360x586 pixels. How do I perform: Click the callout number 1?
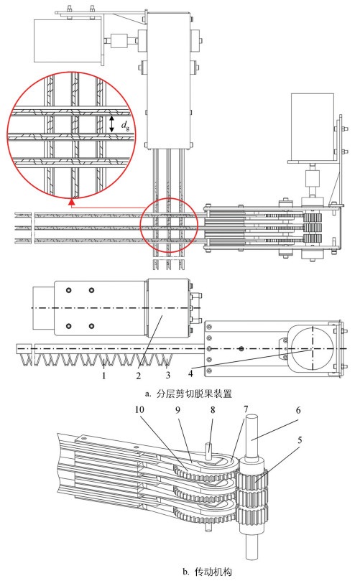pyautogui.click(x=104, y=375)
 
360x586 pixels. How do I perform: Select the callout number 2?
pyautogui.click(x=138, y=375)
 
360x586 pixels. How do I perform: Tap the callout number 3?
pyautogui.click(x=168, y=375)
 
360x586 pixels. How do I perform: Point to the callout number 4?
pyautogui.click(x=190, y=373)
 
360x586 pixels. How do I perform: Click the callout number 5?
pyautogui.click(x=300, y=440)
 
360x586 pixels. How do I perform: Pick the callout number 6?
pyautogui.click(x=298, y=410)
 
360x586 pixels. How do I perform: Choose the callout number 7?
pyautogui.click(x=246, y=409)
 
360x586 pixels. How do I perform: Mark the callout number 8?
pyautogui.click(x=213, y=409)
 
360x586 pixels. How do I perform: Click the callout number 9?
pyautogui.click(x=177, y=409)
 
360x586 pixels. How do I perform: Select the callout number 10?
pyautogui.click(x=139, y=409)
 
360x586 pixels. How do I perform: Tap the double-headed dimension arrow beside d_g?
pyautogui.click(x=111, y=124)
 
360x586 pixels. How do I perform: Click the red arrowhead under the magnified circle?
pyautogui.click(x=72, y=203)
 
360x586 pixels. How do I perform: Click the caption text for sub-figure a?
pyautogui.click(x=189, y=394)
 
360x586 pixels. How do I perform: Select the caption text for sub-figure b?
pyautogui.click(x=208, y=572)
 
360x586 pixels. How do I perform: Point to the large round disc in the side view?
pyautogui.click(x=313, y=349)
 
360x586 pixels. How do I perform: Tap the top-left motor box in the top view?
pyautogui.click(x=68, y=41)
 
